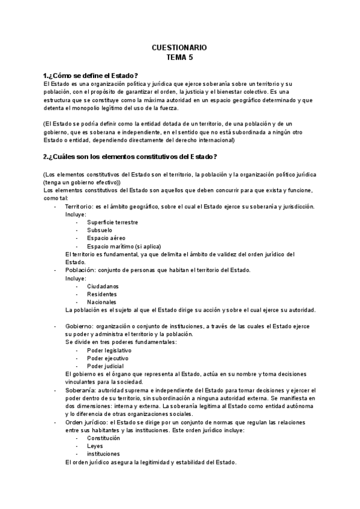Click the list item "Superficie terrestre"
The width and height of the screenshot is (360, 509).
(x=112, y=222)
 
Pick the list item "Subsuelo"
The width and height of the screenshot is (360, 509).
(x=100, y=230)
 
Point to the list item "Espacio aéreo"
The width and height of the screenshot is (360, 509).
(x=105, y=238)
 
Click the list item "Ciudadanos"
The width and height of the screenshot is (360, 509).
(x=103, y=286)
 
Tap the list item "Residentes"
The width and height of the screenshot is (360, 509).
(x=101, y=294)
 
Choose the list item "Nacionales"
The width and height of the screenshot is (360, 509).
(x=101, y=302)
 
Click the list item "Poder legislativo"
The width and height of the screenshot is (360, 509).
(x=109, y=350)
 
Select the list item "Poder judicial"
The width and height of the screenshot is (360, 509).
(x=105, y=366)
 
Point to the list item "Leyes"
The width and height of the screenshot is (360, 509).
(x=95, y=446)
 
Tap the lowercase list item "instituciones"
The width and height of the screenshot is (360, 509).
(x=103, y=454)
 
